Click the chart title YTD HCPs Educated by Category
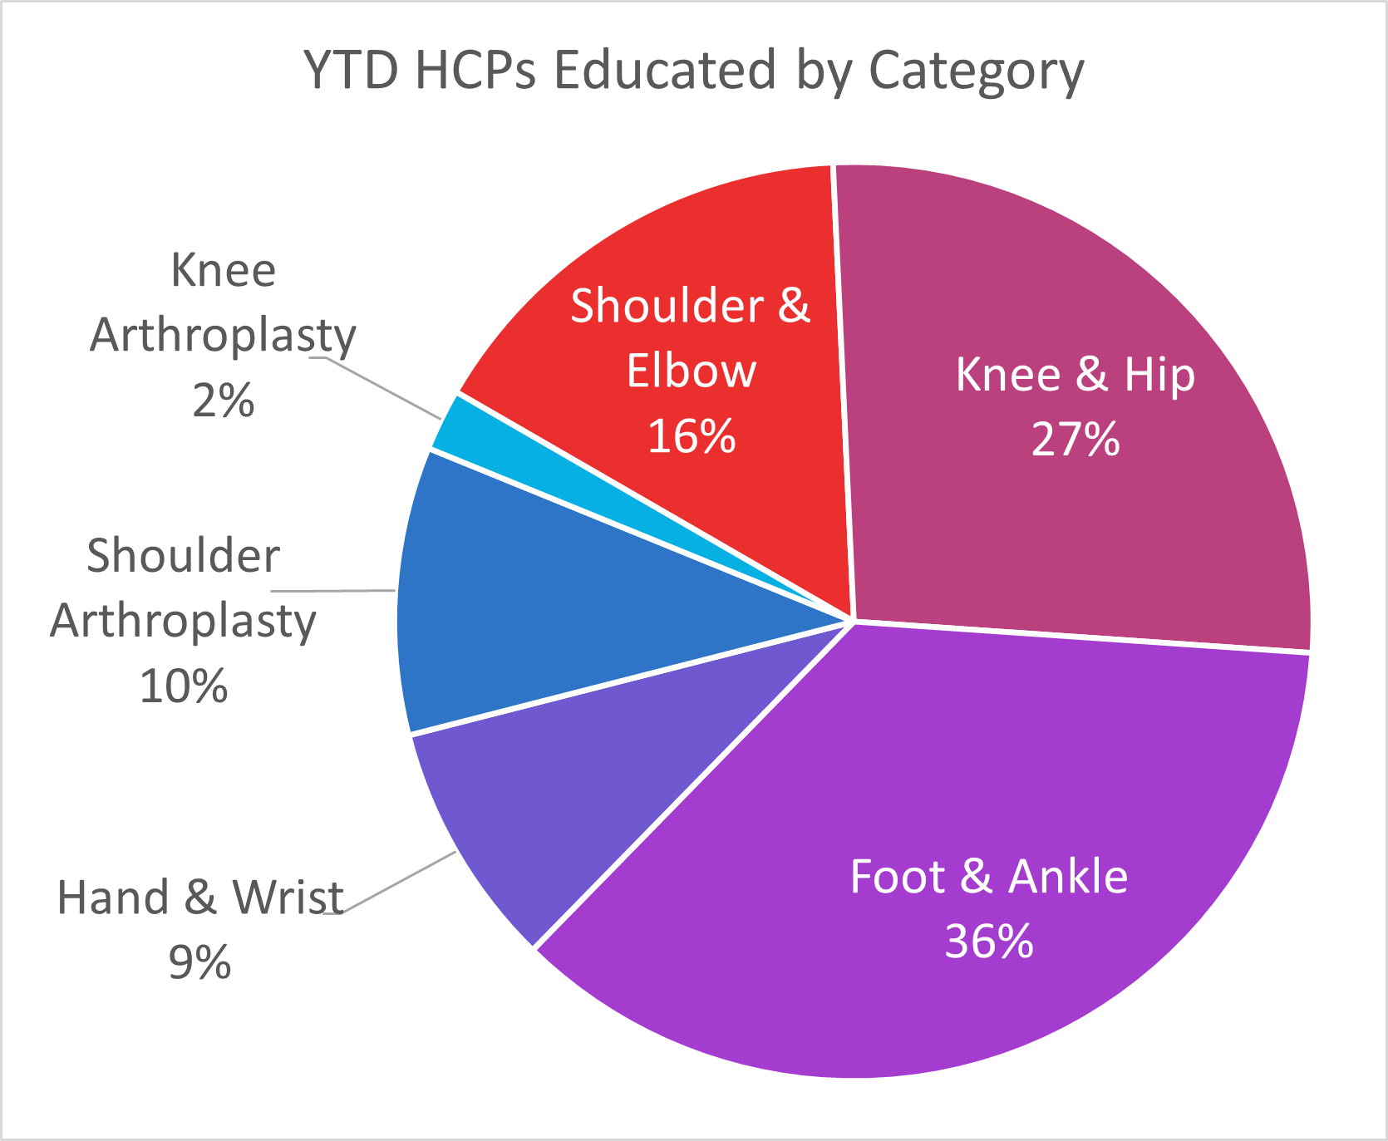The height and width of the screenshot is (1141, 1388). point(694,71)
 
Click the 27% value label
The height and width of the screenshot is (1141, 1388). point(1075,440)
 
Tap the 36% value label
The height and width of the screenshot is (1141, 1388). point(989,942)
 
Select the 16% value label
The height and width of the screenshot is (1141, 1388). point(692,436)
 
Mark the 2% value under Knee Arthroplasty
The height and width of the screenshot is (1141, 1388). point(223,401)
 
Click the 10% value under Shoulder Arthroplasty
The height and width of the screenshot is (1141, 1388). point(184,687)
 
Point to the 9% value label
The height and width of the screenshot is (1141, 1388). point(199,963)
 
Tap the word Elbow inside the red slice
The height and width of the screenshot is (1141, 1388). point(692,371)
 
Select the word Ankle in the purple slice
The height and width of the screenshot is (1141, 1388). point(1069,877)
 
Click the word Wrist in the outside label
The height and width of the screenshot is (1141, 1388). point(288,898)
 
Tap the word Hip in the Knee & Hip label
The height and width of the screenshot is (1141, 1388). point(1160,376)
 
